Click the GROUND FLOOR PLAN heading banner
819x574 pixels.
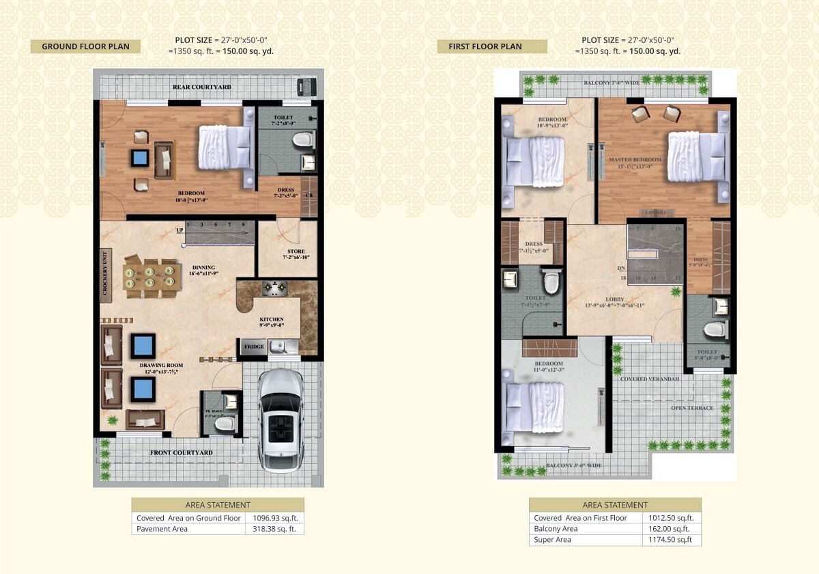[85, 46]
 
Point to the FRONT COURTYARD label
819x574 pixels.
[182, 452]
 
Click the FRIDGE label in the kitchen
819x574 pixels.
[254, 347]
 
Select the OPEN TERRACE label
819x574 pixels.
[692, 408]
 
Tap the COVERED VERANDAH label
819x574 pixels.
[649, 379]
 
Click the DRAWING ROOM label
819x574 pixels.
[162, 366]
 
